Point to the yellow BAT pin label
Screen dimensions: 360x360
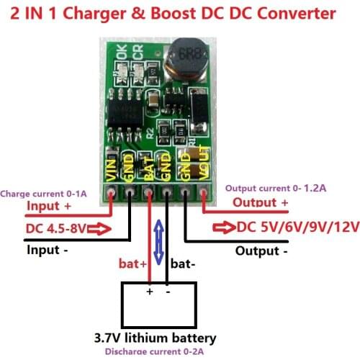point(148,168)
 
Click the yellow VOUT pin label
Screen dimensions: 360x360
point(204,171)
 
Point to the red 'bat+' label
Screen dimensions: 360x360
point(134,264)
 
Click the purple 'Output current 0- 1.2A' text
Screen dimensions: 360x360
point(274,188)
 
